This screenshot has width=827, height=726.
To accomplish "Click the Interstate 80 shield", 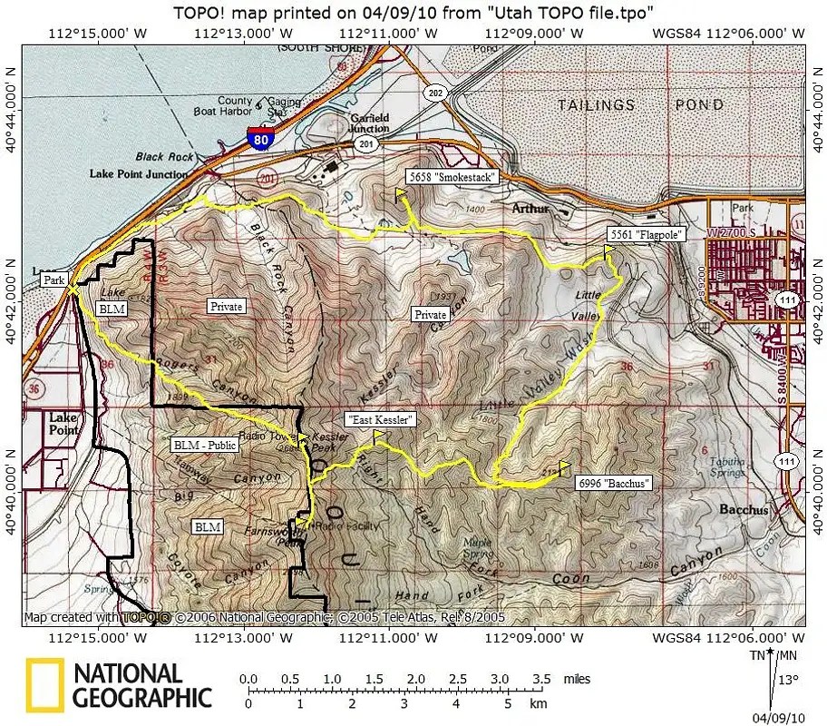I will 259,139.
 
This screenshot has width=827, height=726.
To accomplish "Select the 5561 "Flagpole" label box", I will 645,234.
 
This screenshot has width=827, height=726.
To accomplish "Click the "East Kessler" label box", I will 380,420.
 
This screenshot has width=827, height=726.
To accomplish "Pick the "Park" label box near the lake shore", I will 54,281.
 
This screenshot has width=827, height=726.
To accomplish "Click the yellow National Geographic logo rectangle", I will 44,685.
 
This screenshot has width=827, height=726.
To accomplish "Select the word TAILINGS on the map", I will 596,105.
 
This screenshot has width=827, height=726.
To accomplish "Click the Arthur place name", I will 530,209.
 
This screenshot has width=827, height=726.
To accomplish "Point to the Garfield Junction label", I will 370,123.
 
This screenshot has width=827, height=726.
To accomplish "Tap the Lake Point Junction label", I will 139,172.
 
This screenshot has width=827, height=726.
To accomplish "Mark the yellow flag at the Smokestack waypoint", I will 400,195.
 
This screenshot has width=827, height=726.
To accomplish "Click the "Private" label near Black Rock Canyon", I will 226,307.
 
